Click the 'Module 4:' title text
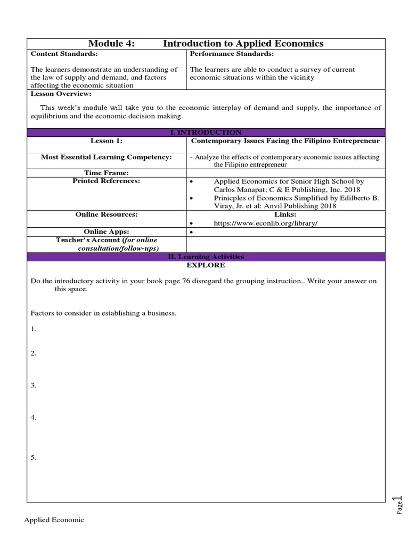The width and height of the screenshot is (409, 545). click(x=112, y=44)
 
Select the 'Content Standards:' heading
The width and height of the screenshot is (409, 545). click(x=64, y=54)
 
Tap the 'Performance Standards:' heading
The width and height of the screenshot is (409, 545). click(x=232, y=54)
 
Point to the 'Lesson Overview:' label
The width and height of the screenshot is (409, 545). click(x=61, y=94)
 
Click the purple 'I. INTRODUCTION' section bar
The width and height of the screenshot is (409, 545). click(x=206, y=132)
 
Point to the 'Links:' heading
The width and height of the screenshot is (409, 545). click(x=285, y=214)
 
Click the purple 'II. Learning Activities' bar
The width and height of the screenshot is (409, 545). click(x=206, y=257)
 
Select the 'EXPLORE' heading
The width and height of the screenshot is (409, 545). click(x=206, y=265)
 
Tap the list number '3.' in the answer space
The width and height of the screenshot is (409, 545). click(x=34, y=385)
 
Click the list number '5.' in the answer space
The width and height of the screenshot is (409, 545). click(x=34, y=458)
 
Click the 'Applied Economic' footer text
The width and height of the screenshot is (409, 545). click(x=54, y=520)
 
